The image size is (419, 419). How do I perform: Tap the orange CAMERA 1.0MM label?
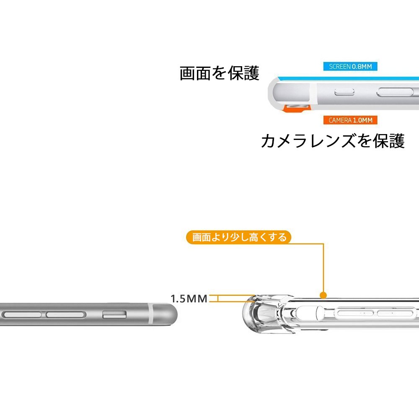pos(350,120)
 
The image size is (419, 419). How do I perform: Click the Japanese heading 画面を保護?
pos(220,73)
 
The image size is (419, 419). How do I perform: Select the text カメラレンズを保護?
pos(332,141)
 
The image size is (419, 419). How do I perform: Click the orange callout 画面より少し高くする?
pos(239,237)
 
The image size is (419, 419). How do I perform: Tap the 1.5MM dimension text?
pos(189,299)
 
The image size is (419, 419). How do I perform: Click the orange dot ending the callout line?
pos(323,295)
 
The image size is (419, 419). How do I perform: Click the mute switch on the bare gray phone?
pos(114,314)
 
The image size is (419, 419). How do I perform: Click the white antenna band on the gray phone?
pos(150,314)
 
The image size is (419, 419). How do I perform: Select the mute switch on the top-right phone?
pos(344,92)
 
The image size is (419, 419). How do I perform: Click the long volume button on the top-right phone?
pos(398,92)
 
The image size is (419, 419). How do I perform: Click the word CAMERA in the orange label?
pos(340,120)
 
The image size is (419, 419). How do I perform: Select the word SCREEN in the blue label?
pos(340,67)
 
